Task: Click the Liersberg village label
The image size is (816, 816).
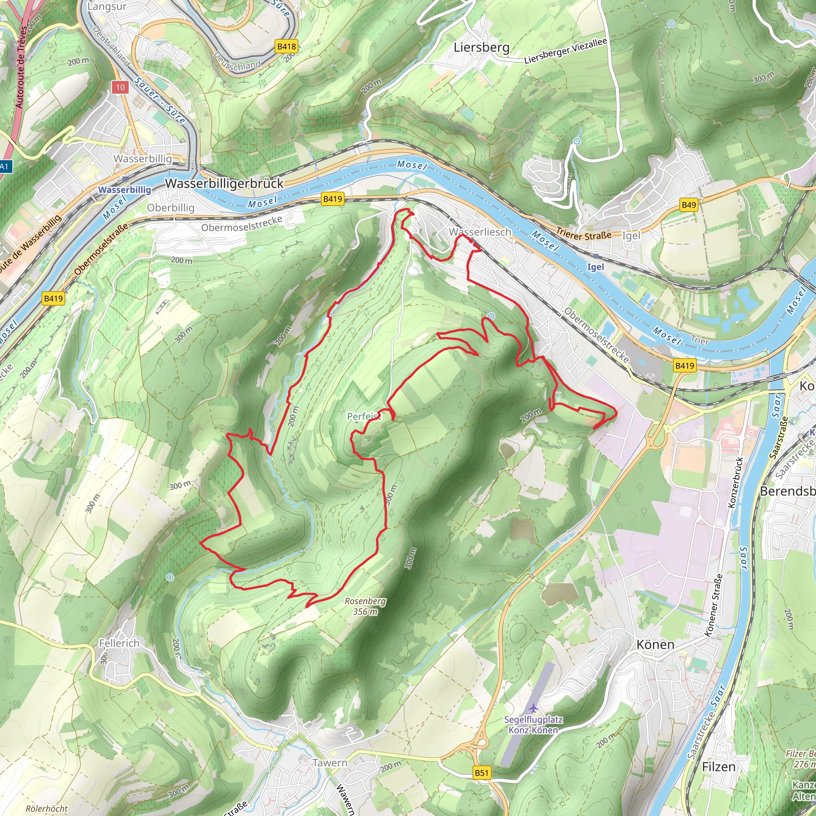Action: point(481,47)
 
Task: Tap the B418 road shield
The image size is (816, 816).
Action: point(287,47)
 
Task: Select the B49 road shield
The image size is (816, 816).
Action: point(688,205)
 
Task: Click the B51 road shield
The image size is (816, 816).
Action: point(481,773)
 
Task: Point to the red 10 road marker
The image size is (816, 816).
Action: point(120,87)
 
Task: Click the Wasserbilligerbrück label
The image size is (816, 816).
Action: point(224,183)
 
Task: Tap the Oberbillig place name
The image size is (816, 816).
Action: point(171,208)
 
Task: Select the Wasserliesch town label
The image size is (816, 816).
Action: point(480,232)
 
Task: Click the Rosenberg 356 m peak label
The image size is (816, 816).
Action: point(365,606)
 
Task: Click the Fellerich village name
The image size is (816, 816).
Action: point(119,643)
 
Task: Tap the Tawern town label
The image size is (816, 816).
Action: point(330,763)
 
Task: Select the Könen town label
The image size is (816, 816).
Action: point(655,645)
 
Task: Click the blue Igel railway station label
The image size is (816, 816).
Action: point(596,267)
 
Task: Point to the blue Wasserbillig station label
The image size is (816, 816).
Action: point(125,190)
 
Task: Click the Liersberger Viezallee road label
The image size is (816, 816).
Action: point(565,51)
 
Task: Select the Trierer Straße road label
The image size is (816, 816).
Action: point(584,234)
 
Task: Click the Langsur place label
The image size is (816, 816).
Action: point(106,7)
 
